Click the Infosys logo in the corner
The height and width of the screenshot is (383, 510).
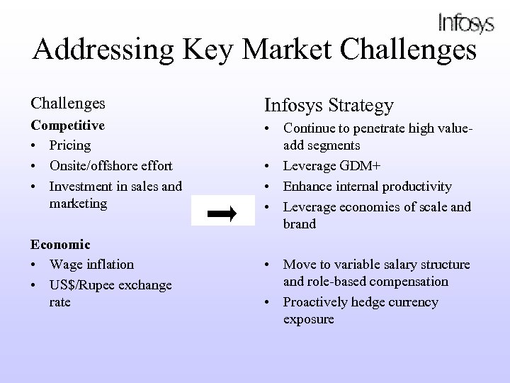tap(465, 23)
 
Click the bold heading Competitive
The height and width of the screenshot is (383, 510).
tap(67, 125)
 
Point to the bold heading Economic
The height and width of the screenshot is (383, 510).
tap(60, 244)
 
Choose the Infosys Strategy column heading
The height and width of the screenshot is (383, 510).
tap(329, 106)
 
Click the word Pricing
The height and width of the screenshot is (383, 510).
tap(70, 145)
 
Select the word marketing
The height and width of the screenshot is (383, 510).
tap(78, 204)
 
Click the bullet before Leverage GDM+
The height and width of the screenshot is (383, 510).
tap(270, 166)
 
